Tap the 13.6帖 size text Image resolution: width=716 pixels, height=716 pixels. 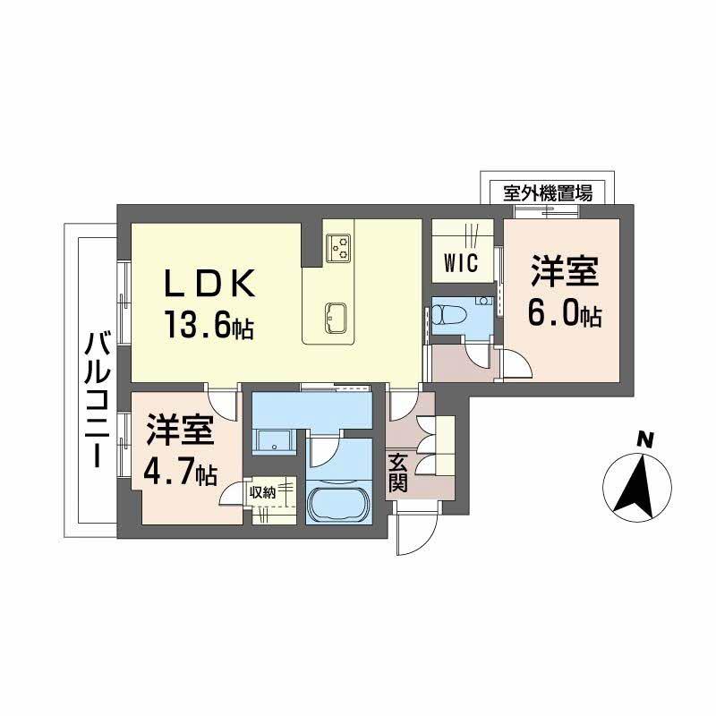point(208,323)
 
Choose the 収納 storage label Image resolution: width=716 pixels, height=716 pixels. point(262,491)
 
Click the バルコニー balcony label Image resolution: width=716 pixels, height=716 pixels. point(96,397)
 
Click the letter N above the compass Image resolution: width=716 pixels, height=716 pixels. point(643,439)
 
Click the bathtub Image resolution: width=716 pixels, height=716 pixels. point(336,504)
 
